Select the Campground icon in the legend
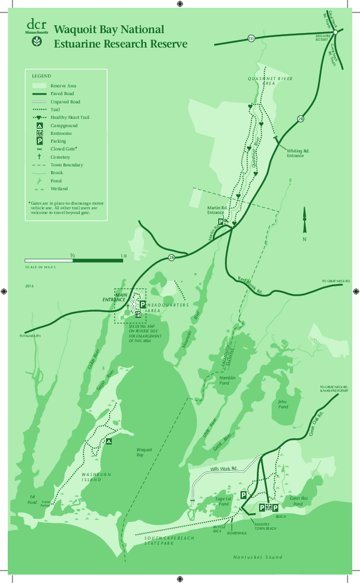pos(39,127)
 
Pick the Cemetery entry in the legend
pos(61,157)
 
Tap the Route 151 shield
pos(250,38)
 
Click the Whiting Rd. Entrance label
pos(295,154)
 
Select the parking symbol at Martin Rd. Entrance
pos(221,222)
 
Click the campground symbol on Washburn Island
pos(109,441)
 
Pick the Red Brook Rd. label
pos(250,284)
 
